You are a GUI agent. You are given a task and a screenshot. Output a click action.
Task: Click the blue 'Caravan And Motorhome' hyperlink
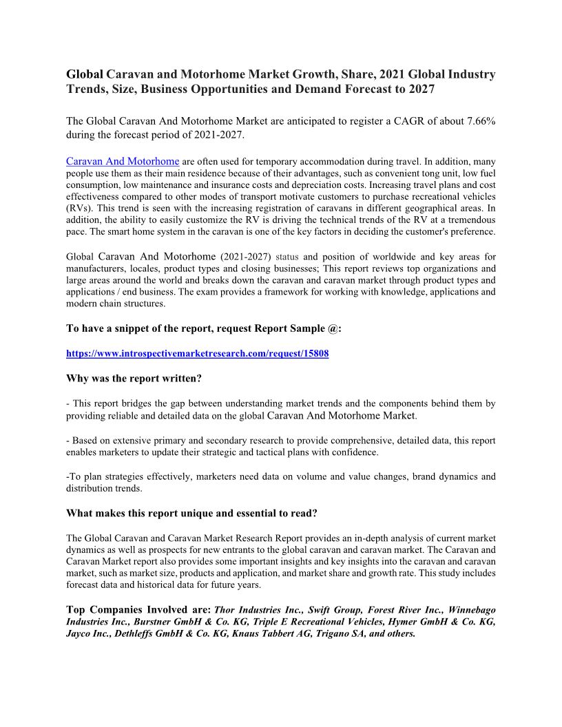(123, 161)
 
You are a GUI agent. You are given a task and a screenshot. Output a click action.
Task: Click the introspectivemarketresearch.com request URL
(197, 352)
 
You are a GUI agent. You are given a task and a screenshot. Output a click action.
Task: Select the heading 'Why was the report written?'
(134, 378)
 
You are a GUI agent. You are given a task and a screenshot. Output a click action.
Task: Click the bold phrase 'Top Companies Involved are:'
(139, 609)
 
